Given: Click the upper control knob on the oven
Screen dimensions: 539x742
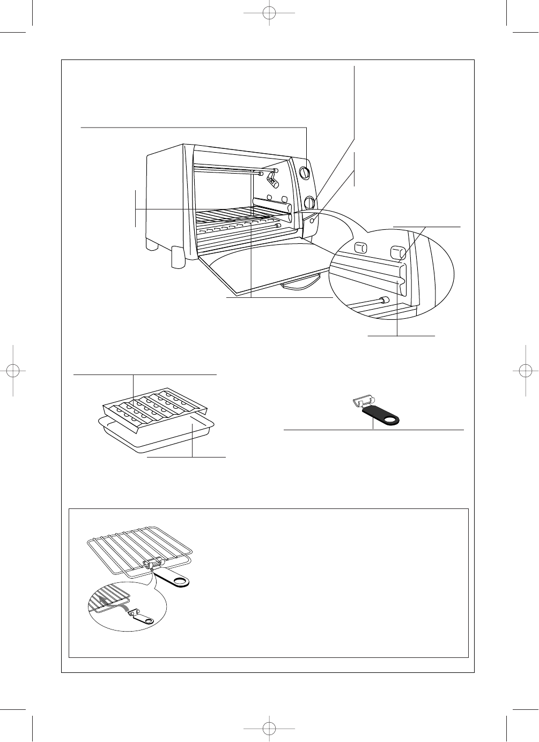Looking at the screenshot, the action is [x=304, y=173].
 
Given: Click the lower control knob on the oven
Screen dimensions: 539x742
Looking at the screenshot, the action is [x=310, y=203].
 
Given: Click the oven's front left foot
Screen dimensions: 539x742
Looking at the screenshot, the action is [x=178, y=258].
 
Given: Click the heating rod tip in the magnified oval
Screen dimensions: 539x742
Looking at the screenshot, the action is [x=382, y=301].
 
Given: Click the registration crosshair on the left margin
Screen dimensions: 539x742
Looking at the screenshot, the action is [x=12, y=371].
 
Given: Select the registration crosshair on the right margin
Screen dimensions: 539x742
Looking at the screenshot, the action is [x=527, y=371].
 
